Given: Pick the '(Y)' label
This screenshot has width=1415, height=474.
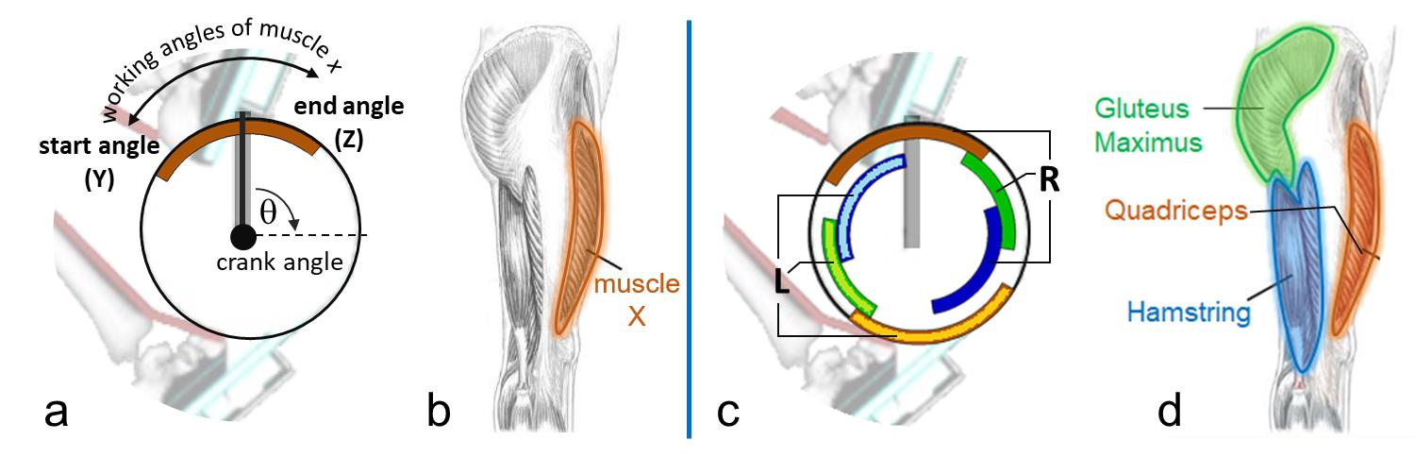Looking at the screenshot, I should click(96, 180).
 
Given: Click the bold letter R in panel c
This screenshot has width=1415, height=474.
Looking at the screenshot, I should click(1050, 181).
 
